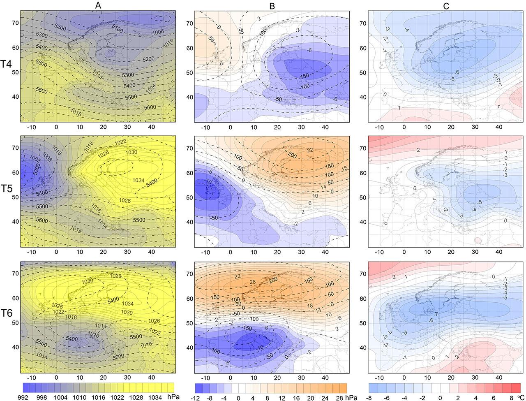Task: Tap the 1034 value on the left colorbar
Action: click(x=156, y=398)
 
